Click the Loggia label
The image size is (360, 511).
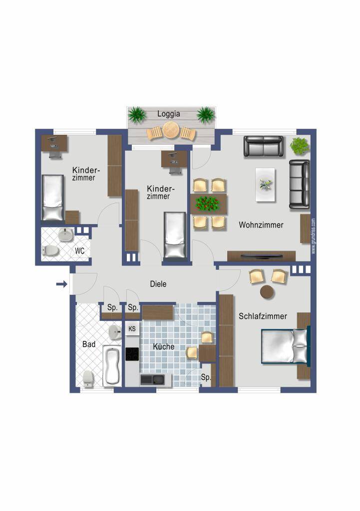click(x=169, y=114)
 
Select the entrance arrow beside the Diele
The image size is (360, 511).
click(x=61, y=284)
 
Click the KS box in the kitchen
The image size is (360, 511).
click(x=132, y=329)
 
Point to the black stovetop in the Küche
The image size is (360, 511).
click(x=132, y=354)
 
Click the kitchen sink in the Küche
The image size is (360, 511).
click(x=152, y=380)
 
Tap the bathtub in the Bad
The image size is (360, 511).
click(x=111, y=366)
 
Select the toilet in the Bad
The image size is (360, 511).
click(x=88, y=379)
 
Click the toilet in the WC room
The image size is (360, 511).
click(x=50, y=251)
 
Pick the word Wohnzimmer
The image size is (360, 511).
click(x=261, y=225)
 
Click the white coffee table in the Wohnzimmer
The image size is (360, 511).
click(x=265, y=185)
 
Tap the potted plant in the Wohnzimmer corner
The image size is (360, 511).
click(x=300, y=146)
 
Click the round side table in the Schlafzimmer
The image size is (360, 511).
click(x=268, y=292)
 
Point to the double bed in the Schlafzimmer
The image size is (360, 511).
click(x=286, y=346)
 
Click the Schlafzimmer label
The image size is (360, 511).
click(x=263, y=316)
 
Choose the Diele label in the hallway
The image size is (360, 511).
click(x=158, y=284)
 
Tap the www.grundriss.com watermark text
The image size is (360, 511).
click(x=314, y=236)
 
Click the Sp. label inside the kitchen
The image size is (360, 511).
click(x=206, y=377)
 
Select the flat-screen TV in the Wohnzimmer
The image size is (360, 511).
click(x=262, y=256)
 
